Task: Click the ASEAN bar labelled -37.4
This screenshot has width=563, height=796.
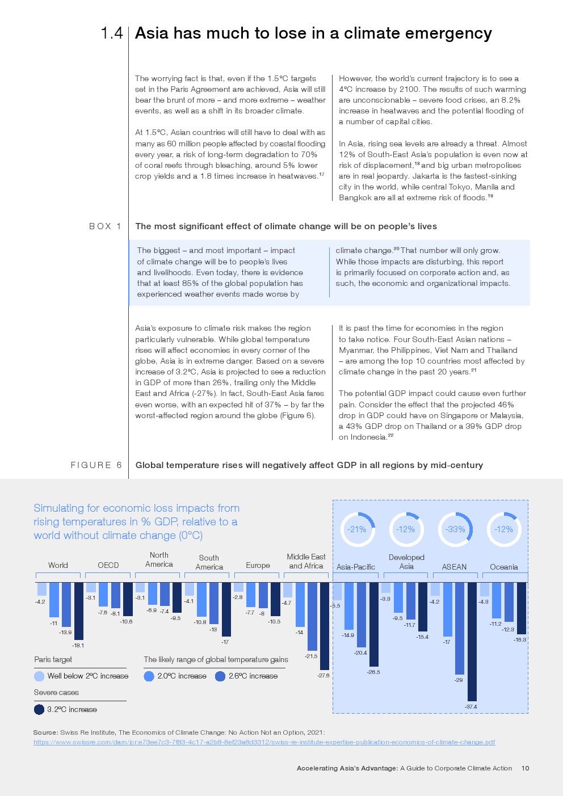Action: (x=472, y=641)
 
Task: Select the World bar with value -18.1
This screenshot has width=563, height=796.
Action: (x=79, y=610)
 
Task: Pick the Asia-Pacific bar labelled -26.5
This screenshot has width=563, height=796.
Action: (x=374, y=624)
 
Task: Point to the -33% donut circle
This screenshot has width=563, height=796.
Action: (x=455, y=529)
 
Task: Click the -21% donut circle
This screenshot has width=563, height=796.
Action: (x=358, y=529)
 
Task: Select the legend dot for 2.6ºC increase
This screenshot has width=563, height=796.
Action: (x=220, y=676)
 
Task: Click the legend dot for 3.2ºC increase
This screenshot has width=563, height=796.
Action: (x=39, y=709)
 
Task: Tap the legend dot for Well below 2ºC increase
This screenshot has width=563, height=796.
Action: (x=39, y=676)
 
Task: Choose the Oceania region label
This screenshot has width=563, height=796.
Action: (x=503, y=567)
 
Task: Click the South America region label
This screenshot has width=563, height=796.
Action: (x=209, y=562)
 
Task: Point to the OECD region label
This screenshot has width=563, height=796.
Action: (x=108, y=565)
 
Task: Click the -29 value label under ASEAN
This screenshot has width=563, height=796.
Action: (x=459, y=680)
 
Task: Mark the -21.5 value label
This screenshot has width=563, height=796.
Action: (x=311, y=656)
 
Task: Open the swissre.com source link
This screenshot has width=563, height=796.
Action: (x=264, y=742)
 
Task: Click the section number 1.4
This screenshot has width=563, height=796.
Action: (x=112, y=33)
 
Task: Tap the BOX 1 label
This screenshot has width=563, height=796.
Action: (x=105, y=226)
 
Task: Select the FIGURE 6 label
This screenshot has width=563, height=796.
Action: (x=96, y=465)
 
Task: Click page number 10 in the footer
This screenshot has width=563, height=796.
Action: (x=525, y=768)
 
